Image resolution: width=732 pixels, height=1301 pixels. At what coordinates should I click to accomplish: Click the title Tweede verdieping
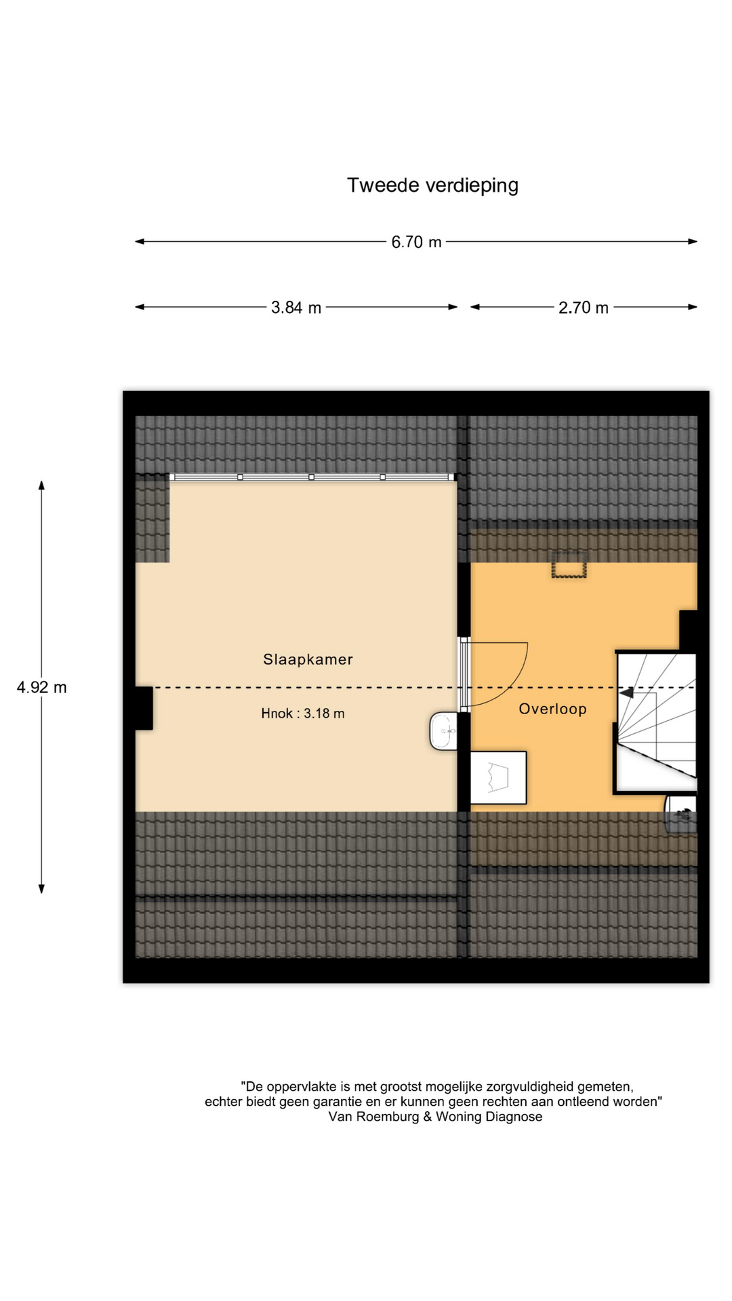432,186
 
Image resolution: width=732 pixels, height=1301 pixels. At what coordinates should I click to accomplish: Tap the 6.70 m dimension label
416,242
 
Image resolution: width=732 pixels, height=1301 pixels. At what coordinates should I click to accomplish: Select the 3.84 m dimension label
296,308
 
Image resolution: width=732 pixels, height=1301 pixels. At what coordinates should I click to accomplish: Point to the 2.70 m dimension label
584,308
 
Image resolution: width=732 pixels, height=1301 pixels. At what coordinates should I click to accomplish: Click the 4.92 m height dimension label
42,687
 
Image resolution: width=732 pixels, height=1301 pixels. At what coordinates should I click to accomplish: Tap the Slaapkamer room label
308,659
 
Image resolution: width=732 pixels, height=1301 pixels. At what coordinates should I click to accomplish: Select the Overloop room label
552,709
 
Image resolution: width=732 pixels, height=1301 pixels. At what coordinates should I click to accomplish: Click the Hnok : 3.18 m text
303,714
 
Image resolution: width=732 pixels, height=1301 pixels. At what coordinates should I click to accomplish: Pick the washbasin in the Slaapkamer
443,731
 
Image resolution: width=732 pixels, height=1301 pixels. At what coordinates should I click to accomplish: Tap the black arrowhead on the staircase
626,693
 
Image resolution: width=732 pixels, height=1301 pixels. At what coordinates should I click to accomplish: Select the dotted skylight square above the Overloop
569,565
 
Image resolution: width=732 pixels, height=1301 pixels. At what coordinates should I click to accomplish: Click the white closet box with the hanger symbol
498,777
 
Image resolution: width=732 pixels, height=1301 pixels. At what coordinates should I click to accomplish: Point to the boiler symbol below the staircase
680,814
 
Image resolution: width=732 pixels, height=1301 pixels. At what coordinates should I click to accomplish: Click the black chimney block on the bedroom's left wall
144,708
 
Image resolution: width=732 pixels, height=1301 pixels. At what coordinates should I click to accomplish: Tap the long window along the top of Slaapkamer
312,477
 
